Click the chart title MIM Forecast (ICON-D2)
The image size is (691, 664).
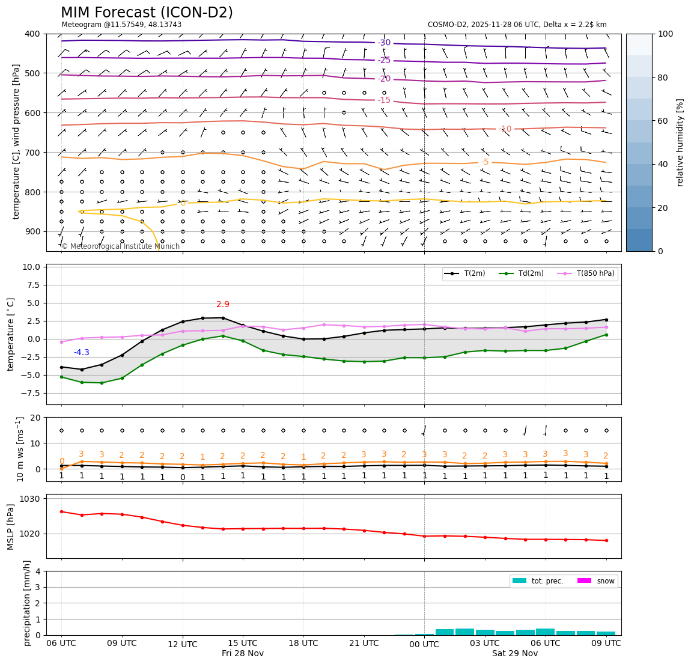tap(147, 13)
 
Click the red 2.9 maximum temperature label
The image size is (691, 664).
tap(223, 305)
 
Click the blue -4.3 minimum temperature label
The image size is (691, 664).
tap(82, 353)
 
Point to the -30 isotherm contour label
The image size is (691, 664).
tap(384, 43)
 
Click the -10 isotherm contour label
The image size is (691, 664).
tap(505, 129)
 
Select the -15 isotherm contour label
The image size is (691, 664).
tap(384, 100)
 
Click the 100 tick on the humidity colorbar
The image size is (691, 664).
tap(665, 34)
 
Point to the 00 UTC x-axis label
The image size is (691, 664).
tap(424, 644)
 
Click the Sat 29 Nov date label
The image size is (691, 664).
tap(515, 654)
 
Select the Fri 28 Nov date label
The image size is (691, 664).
tap(243, 654)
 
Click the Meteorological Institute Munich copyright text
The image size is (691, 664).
tap(121, 246)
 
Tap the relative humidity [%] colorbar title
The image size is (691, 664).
tap(680, 142)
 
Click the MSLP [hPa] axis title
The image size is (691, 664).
tap(10, 526)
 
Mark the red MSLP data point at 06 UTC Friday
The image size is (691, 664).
tap(61, 511)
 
